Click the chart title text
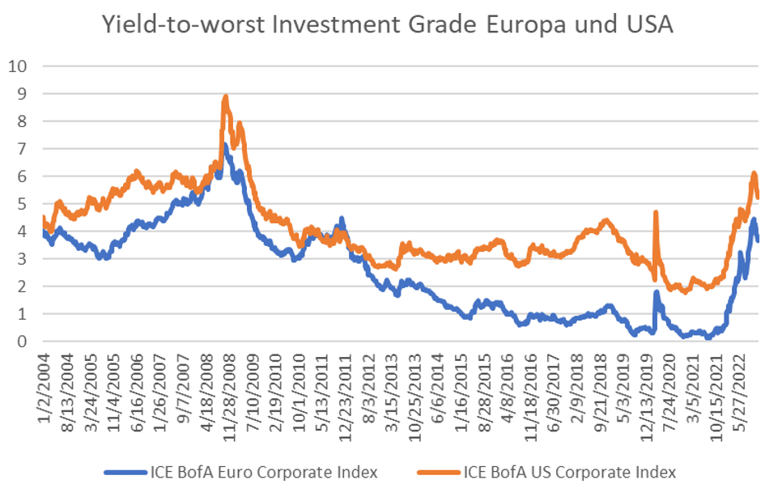point(387,25)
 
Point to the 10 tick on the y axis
point(17,66)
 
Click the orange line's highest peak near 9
point(225,96)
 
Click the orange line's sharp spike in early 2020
point(655,212)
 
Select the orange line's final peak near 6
point(754,173)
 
